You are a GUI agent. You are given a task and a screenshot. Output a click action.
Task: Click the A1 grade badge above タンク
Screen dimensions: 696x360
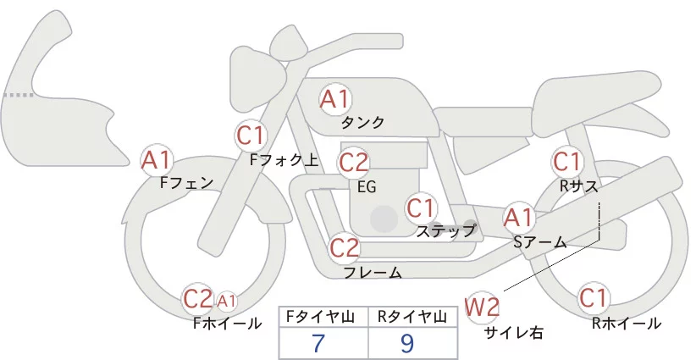334,99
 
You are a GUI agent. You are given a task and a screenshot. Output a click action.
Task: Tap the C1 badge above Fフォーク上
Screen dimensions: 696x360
251,135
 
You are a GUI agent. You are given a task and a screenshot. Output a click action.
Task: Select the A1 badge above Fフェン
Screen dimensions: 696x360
157,158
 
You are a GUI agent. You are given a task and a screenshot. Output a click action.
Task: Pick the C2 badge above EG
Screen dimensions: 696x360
354,161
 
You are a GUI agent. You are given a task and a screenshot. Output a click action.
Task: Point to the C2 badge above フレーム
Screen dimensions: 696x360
345,248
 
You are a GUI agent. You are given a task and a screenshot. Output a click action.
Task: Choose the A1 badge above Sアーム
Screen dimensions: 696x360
518,218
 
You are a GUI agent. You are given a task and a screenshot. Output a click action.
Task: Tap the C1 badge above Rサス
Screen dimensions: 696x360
566,160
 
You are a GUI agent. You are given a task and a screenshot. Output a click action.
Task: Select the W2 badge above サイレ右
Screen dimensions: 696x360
483,306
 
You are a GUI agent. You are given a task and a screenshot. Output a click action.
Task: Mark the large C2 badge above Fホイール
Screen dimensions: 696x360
198,298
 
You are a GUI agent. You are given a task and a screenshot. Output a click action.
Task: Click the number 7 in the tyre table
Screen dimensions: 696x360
319,343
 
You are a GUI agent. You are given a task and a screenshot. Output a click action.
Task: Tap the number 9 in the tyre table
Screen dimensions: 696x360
407,343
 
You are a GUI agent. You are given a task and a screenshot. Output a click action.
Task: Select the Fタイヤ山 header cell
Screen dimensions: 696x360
324,316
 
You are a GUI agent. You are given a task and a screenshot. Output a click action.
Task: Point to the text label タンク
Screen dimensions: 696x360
362,123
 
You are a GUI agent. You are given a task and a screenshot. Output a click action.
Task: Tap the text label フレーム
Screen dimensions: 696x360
373,272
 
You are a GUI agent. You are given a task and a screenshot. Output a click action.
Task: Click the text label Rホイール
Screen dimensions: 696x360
627,323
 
